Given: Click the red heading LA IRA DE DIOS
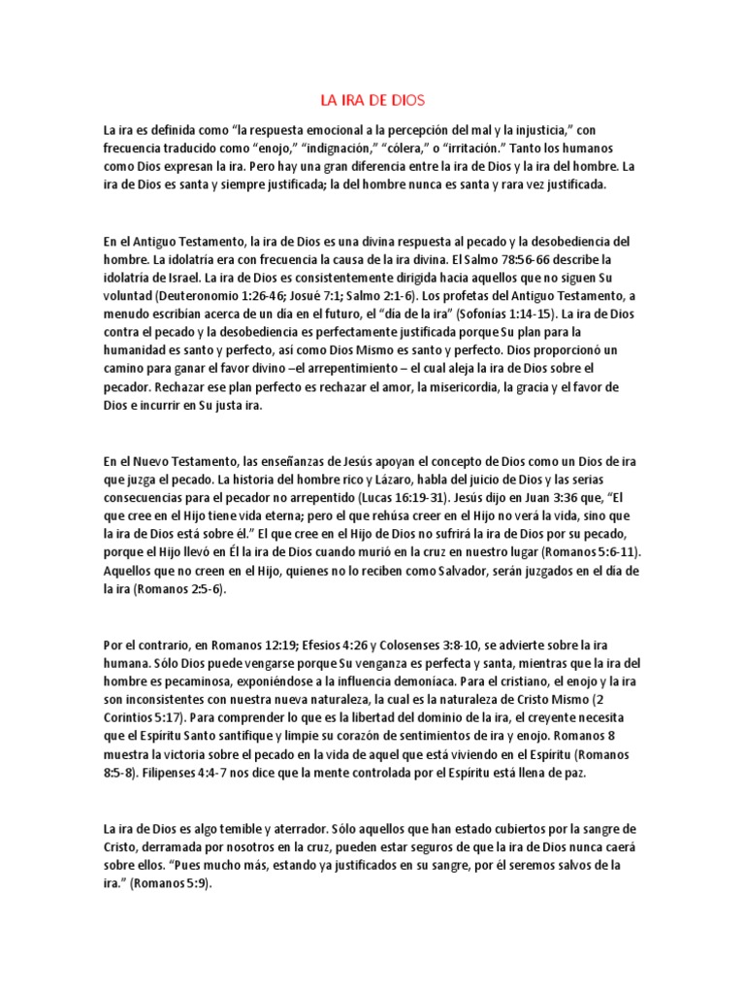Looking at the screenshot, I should [372, 100].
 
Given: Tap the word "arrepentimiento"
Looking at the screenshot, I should [328, 370].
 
